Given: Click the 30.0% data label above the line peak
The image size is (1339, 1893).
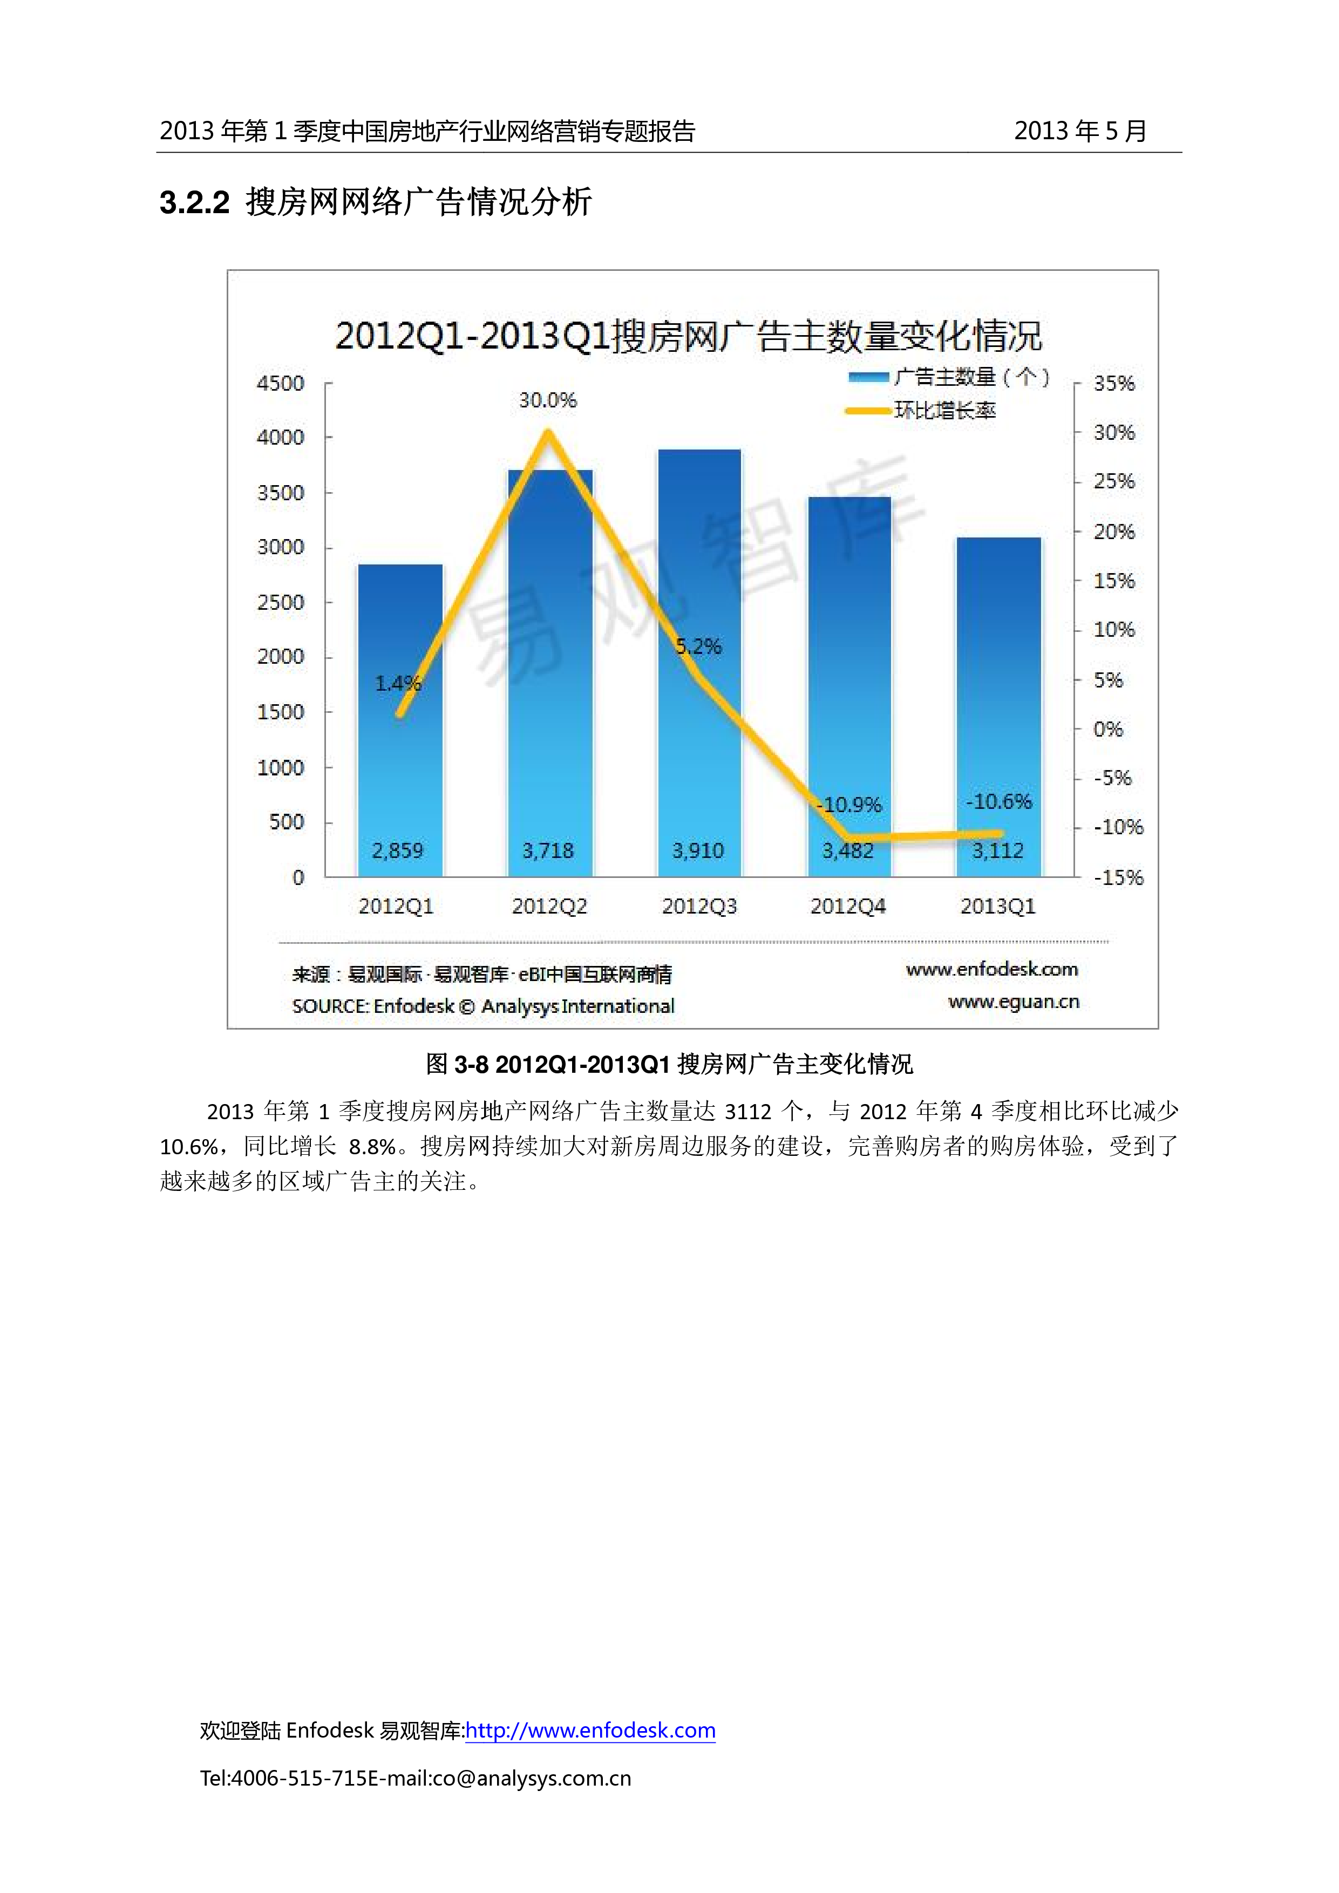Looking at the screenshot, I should [x=547, y=401].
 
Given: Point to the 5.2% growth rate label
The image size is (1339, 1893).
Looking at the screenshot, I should [x=698, y=646].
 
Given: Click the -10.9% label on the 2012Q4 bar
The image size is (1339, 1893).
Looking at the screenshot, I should [x=849, y=805].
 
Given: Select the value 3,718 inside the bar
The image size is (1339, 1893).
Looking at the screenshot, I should [x=547, y=850].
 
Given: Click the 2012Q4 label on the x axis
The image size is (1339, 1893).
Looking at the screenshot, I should [x=847, y=906].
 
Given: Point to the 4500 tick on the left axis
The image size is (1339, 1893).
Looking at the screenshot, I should [x=280, y=383].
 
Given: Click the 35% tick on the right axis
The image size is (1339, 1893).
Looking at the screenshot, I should [x=1114, y=383].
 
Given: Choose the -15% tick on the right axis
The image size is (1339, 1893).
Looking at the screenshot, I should [x=1118, y=877].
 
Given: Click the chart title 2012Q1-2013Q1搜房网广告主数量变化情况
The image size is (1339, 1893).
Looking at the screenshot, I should [x=689, y=336].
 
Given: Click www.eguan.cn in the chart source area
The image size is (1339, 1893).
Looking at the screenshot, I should [x=1014, y=1002].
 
